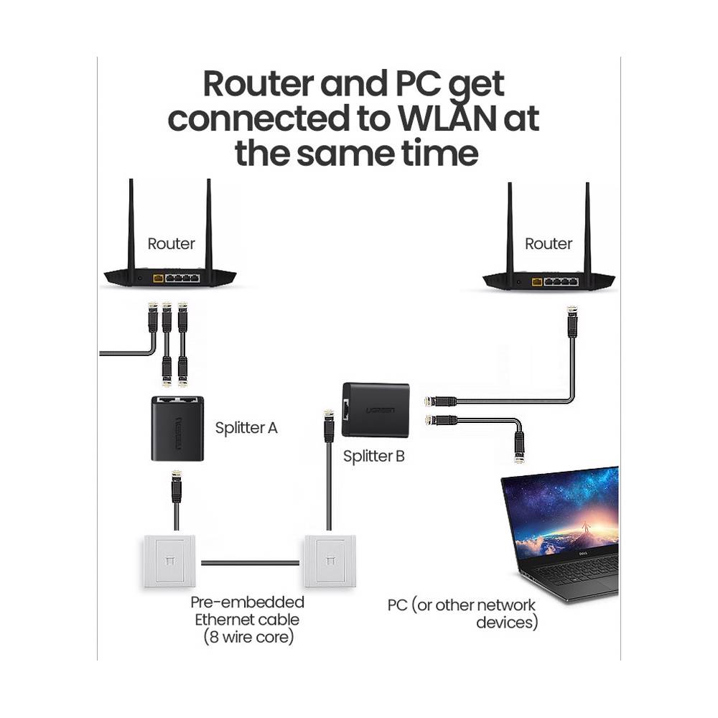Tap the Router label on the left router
click(171, 243)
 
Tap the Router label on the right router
click(549, 243)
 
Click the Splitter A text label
click(246, 428)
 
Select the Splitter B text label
click(373, 455)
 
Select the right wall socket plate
click(327, 561)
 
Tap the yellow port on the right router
click(536, 281)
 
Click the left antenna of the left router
click(132, 223)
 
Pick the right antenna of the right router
click(587, 226)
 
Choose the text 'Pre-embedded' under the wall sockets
click(247, 602)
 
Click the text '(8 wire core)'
click(247, 637)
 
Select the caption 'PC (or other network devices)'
click(463, 614)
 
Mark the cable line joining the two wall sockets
click(250, 562)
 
